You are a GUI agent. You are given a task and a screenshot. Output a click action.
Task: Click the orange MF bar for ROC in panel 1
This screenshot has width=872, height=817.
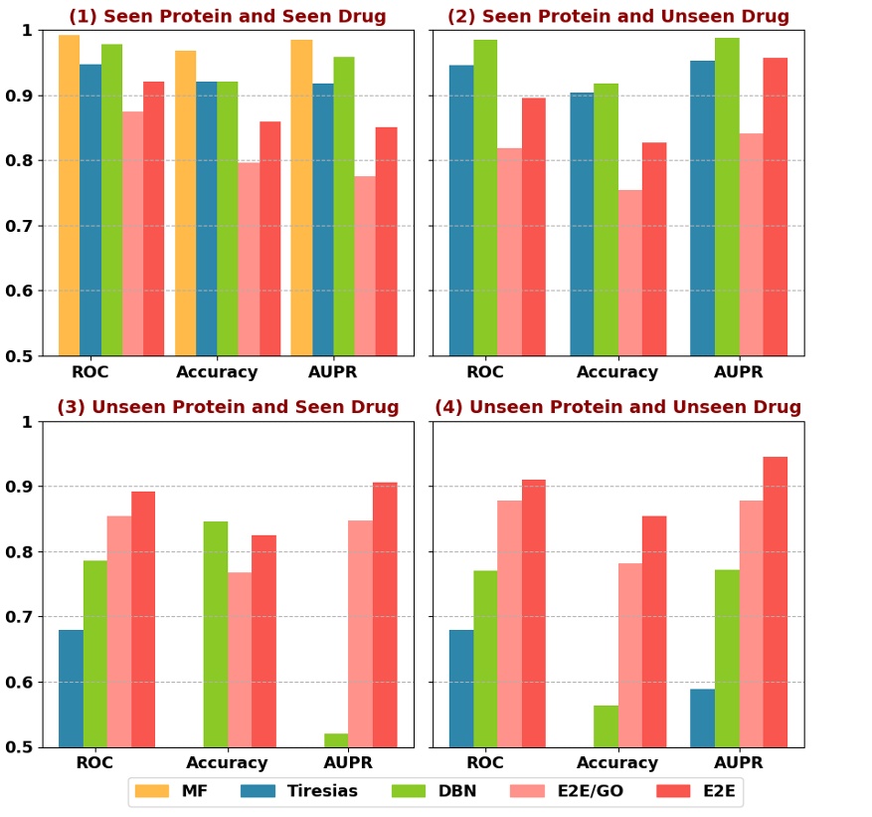pyautogui.click(x=69, y=195)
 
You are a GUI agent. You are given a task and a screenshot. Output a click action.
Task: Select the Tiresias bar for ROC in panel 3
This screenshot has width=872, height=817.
pyautogui.click(x=71, y=688)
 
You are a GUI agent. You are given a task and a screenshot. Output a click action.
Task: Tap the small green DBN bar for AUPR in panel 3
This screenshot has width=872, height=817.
pyautogui.click(x=336, y=739)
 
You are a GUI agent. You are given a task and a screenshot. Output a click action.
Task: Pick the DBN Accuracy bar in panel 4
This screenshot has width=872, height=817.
pyautogui.click(x=606, y=725)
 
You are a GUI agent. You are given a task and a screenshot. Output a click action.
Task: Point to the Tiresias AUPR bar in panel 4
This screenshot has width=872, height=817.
pyautogui.click(x=702, y=717)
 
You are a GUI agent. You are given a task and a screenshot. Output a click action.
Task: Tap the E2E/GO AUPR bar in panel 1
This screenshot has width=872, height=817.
pyautogui.click(x=364, y=266)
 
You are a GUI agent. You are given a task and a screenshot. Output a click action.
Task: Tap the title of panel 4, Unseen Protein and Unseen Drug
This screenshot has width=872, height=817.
pyautogui.click(x=617, y=407)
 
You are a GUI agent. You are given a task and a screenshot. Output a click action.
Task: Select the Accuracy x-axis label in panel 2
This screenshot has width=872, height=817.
pyautogui.click(x=617, y=373)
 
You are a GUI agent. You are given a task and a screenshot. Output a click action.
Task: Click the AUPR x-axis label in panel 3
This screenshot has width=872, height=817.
pyautogui.click(x=348, y=763)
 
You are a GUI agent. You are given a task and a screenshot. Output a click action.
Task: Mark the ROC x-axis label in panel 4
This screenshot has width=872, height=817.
pyautogui.click(x=484, y=763)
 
